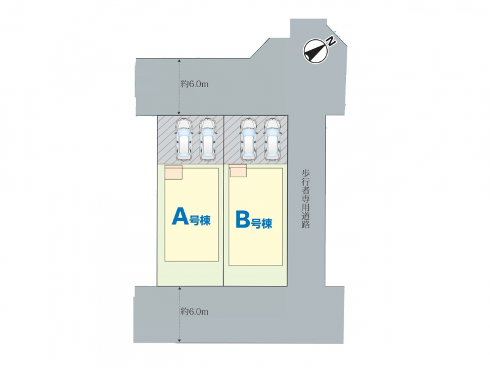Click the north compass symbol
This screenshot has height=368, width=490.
tap(315, 51)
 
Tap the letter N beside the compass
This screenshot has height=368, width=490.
tap(331, 41)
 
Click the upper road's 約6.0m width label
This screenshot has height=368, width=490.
tap(194, 84)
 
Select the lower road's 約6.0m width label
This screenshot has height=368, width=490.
tap(194, 312)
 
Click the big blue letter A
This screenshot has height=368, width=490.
tap(180, 217)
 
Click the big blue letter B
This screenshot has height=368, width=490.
tap(243, 220)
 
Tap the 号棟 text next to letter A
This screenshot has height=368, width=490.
tap(200, 220)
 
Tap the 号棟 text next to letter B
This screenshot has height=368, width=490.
tap(262, 223)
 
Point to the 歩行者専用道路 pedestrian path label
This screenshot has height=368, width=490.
tap(306, 199)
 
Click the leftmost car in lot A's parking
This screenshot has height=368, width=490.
tap(184, 140)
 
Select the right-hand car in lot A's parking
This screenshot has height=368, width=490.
tap(208, 140)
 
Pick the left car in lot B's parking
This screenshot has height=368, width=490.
tap(249, 140)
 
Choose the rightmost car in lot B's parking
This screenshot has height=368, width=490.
tap(273, 140)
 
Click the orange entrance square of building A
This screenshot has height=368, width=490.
tap(173, 172)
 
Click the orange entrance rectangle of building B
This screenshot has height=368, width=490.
tap(238, 171)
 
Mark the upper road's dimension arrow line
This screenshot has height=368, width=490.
tap(179, 86)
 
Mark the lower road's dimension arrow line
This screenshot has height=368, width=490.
tap(179, 315)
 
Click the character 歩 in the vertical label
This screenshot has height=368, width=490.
tap(306, 173)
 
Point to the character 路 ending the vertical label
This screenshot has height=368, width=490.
tap(306, 224)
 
